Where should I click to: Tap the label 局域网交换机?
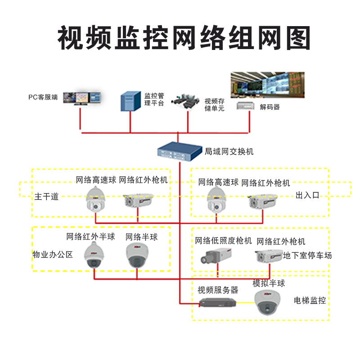click(x=229, y=152)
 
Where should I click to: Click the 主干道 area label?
click(x=46, y=196)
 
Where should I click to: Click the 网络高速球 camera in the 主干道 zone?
click(x=95, y=199)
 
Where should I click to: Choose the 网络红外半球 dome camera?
click(x=94, y=255)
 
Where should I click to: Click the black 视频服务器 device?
click(x=218, y=303)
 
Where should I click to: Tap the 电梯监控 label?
click(x=310, y=300)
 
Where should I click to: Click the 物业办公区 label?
click(x=53, y=255)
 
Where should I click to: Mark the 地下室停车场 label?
click(x=307, y=256)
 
